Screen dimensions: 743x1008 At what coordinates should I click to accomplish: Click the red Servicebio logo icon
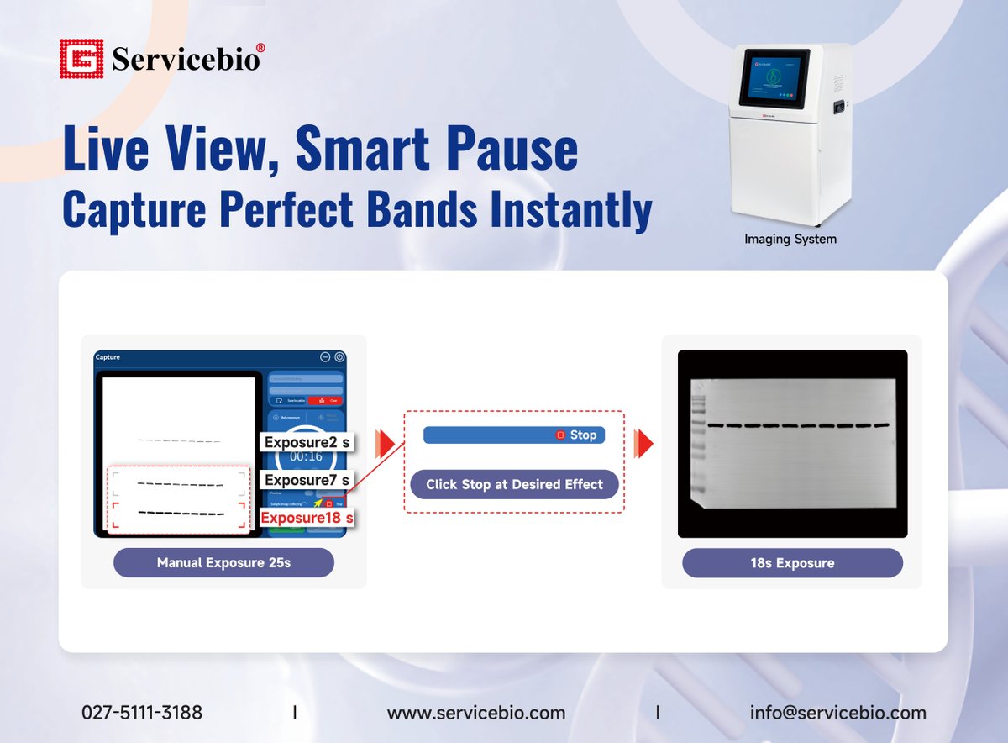tap(81, 59)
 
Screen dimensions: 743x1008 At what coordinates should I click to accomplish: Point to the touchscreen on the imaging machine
tap(774, 76)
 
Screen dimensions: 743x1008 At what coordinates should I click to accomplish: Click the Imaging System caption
tap(790, 240)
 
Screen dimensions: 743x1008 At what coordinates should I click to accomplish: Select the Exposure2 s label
tap(306, 442)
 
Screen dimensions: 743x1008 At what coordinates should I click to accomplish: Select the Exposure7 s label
tap(306, 480)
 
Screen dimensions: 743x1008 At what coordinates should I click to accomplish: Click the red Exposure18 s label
tap(306, 517)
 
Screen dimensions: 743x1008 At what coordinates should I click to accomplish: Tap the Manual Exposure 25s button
tap(223, 562)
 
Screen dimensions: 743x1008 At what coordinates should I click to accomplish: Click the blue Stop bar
tap(513, 435)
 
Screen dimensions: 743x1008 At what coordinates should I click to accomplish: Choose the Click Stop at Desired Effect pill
tap(514, 484)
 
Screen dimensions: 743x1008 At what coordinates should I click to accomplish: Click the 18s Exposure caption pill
tap(792, 562)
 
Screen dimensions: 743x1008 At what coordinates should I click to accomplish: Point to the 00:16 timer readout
tap(306, 457)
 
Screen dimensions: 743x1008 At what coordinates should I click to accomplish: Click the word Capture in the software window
tap(108, 357)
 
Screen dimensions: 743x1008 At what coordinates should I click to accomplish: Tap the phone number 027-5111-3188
tap(142, 713)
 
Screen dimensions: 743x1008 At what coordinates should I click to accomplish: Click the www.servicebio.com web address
tap(476, 713)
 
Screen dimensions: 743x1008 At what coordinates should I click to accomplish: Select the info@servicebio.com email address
tap(837, 713)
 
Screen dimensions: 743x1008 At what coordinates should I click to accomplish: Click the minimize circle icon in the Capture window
tap(325, 357)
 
